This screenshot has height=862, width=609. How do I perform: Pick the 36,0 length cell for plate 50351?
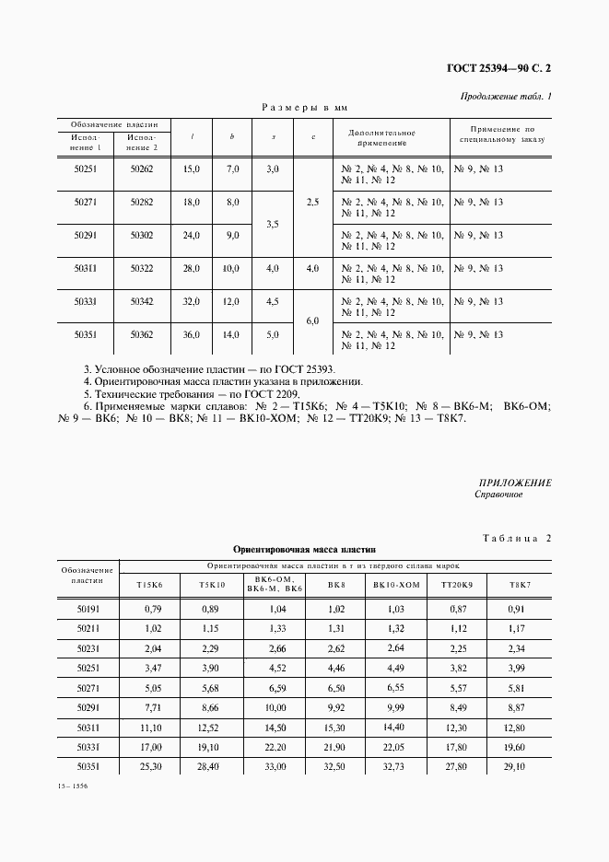191,335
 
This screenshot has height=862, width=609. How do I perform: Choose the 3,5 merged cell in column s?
272,223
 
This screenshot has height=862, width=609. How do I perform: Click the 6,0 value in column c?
312,320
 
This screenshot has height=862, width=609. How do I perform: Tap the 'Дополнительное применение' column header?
382,138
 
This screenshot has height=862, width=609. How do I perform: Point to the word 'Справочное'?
498,495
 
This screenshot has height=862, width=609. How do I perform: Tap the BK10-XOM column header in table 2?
396,585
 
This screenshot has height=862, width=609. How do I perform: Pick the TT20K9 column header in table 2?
456,585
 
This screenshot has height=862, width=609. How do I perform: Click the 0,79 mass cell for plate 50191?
153,609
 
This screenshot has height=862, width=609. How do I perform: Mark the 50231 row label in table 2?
89,647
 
